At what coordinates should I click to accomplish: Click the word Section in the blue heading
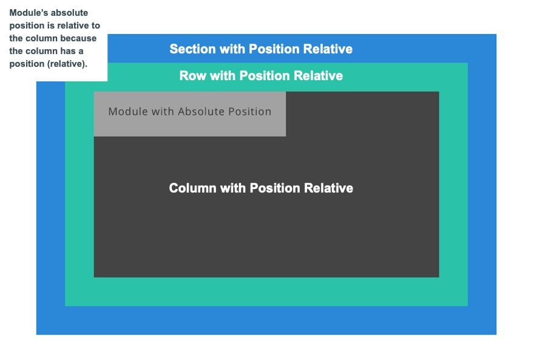point(192,49)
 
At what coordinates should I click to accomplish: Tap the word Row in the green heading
point(192,76)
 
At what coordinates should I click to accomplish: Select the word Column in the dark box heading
point(192,188)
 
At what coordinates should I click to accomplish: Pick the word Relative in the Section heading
point(328,49)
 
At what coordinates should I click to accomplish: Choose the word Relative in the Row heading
point(318,76)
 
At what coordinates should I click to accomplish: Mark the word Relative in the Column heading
point(328,188)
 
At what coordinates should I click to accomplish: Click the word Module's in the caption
point(29,13)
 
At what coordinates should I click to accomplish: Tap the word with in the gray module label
point(163,112)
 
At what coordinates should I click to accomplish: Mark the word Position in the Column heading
point(275,188)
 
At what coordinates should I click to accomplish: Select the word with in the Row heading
point(222,76)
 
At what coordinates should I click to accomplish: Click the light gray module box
point(190,114)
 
